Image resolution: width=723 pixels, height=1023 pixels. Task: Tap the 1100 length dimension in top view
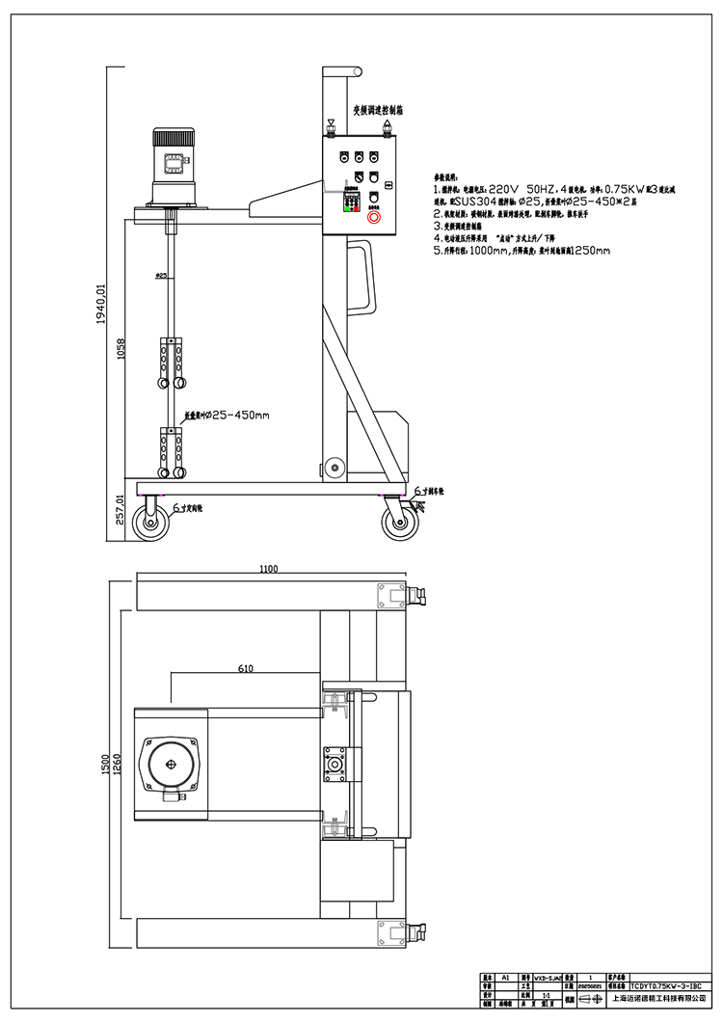coord(268,569)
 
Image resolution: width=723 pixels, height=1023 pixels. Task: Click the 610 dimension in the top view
coord(245,668)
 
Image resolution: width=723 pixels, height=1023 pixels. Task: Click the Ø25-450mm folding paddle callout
coord(227,416)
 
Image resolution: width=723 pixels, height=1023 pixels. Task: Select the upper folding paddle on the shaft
coord(173,363)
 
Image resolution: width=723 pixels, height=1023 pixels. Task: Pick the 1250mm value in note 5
coord(589,251)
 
